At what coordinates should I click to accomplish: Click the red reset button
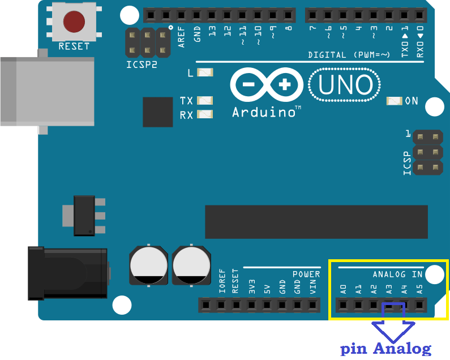tap(74, 22)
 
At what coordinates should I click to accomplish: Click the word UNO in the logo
tap(345, 85)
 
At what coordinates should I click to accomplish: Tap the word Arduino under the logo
tap(263, 112)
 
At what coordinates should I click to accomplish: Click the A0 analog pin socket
tap(343, 305)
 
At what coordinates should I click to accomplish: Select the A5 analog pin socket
tap(419, 305)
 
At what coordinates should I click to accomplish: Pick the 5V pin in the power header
tap(267, 305)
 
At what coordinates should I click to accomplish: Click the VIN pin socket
tap(313, 305)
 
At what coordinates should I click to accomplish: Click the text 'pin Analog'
tap(385, 349)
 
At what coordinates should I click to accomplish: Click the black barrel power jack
tap(68, 273)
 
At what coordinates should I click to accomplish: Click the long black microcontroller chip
tap(316, 221)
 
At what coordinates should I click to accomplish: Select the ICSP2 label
tap(142, 65)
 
